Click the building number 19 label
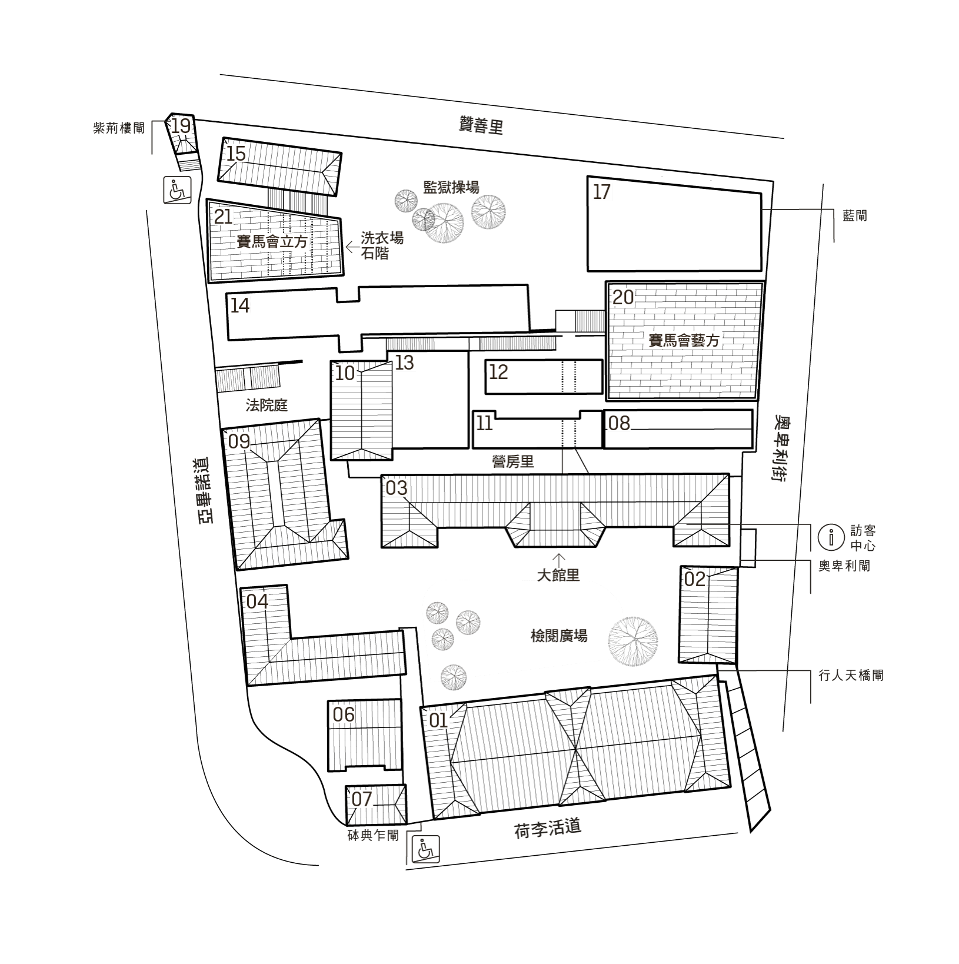click(181, 125)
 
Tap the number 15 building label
click(236, 154)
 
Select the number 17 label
click(602, 191)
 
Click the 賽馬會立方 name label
click(272, 242)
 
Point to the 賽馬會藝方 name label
click(684, 340)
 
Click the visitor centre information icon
click(831, 537)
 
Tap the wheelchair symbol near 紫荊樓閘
click(177, 190)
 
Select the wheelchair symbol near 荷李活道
click(425, 850)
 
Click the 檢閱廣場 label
click(559, 636)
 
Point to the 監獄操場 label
click(451, 188)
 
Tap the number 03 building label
click(396, 488)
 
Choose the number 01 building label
click(438, 720)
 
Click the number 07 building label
click(362, 799)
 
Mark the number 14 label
click(240, 305)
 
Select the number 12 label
click(498, 371)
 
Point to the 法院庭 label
click(267, 405)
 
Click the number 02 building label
click(694, 579)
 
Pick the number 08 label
click(619, 423)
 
